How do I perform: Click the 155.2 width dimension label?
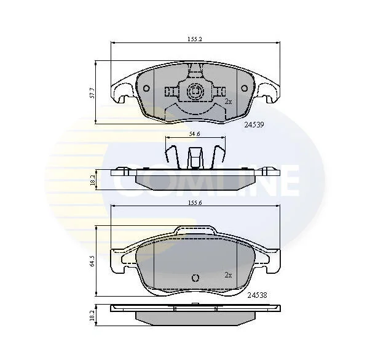[x=195, y=39]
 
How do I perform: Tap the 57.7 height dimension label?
[x=92, y=93]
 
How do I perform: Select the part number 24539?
[x=254, y=124]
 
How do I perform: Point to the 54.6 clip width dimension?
[x=195, y=134]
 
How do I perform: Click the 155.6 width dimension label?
[x=195, y=202]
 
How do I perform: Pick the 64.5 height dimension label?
[x=92, y=261]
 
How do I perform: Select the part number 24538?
[x=257, y=295]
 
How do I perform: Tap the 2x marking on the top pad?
[x=228, y=102]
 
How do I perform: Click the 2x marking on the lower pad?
[x=228, y=275]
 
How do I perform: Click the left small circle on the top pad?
[x=146, y=88]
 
